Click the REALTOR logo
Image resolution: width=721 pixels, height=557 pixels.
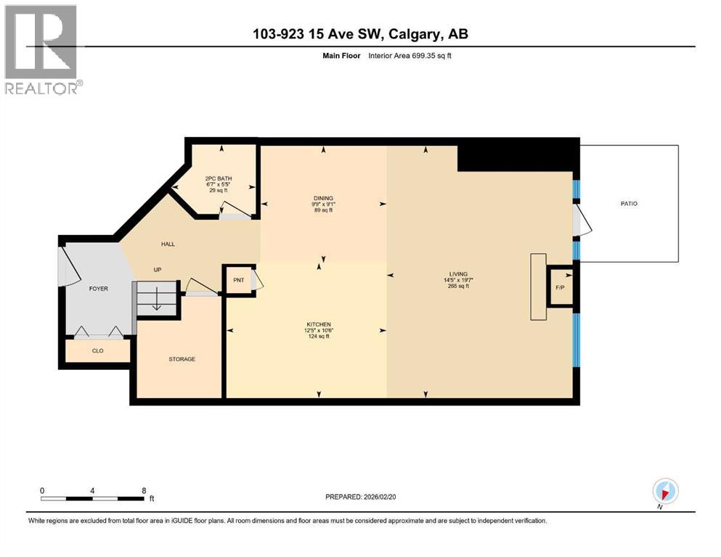(x=41, y=49)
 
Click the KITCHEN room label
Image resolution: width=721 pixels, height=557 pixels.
(x=318, y=324)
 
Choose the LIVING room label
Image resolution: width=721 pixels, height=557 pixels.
(x=458, y=274)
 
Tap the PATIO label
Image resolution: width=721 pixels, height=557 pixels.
(x=629, y=204)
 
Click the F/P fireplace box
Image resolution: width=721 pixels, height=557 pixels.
(x=560, y=288)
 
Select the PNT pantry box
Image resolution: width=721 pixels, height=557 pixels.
(x=237, y=279)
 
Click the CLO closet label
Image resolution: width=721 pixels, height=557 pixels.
(x=97, y=350)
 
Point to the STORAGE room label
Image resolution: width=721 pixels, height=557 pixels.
(x=182, y=359)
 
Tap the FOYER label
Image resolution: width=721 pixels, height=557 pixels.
(x=98, y=289)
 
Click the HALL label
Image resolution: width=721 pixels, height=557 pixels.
(x=168, y=244)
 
